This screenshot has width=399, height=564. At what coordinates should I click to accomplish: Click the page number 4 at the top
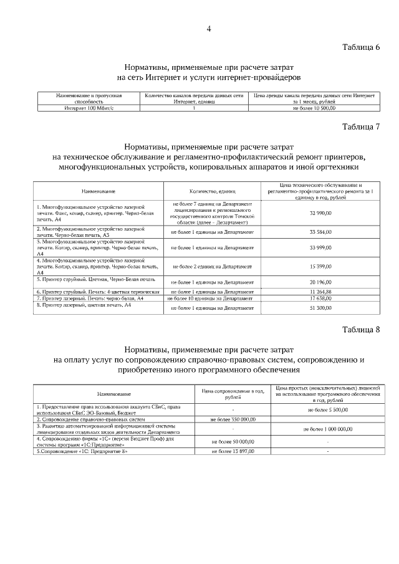click(x=209, y=29)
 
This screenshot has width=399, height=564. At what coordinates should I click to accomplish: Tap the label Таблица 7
click(x=361, y=127)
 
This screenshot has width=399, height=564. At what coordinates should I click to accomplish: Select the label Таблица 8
click(x=361, y=330)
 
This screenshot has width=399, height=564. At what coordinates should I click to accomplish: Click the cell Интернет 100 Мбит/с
click(x=80, y=108)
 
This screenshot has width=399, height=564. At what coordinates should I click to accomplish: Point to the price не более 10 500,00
click(x=314, y=108)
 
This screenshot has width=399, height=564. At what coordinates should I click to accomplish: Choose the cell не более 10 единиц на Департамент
click(x=212, y=299)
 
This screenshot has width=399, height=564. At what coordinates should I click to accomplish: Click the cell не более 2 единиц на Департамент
click(x=212, y=266)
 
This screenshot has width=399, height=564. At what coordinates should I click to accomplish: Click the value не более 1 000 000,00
click(x=328, y=429)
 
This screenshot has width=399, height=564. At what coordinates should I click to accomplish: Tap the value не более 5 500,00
click(x=328, y=409)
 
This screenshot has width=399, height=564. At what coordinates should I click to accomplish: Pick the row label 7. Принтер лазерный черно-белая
click(x=90, y=299)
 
